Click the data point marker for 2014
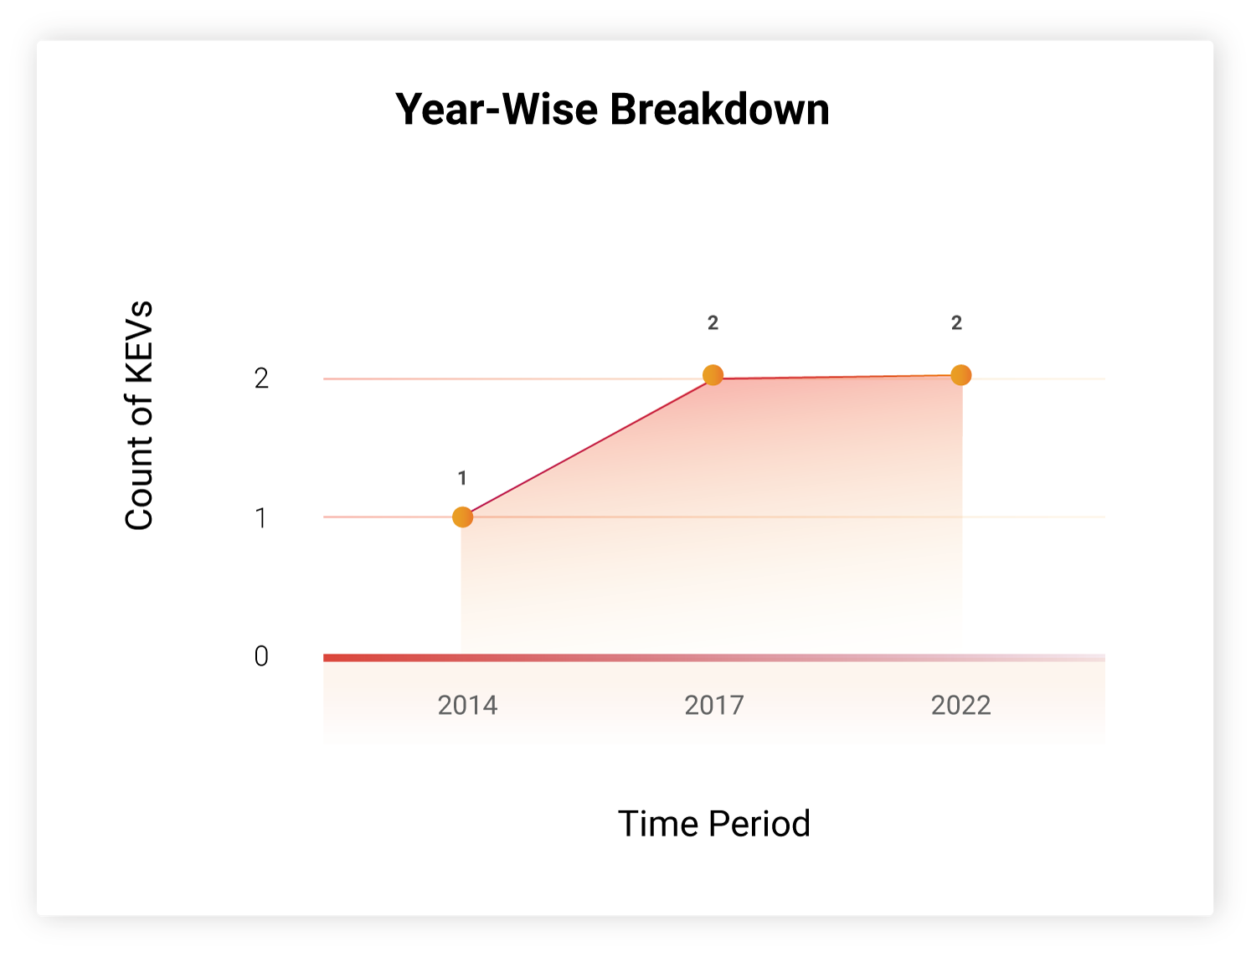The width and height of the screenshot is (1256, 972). [x=462, y=517]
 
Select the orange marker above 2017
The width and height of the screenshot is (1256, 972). [x=713, y=375]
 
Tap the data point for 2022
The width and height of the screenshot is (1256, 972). [x=960, y=375]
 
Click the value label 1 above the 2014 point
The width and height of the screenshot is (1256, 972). [x=462, y=478]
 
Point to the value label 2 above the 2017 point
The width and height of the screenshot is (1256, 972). [x=713, y=322]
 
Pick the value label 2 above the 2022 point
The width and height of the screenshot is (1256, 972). [x=956, y=322]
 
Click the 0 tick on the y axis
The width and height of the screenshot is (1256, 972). [x=261, y=656]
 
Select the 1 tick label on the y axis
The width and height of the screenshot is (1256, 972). [x=261, y=517]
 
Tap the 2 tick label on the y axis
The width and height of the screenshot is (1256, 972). [x=261, y=378]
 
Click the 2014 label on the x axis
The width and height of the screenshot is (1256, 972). [x=467, y=705]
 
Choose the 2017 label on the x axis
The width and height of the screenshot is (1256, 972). [x=714, y=705]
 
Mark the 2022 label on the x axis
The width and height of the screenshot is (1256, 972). [x=960, y=705]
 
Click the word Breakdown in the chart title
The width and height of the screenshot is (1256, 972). [x=719, y=109]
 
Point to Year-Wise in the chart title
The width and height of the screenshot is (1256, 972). [x=497, y=109]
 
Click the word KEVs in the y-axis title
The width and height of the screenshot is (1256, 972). [x=139, y=342]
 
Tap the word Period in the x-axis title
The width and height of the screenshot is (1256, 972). [x=759, y=823]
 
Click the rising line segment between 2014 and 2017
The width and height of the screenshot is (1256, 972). [x=588, y=446]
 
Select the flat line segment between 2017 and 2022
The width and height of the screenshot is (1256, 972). [x=837, y=377]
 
